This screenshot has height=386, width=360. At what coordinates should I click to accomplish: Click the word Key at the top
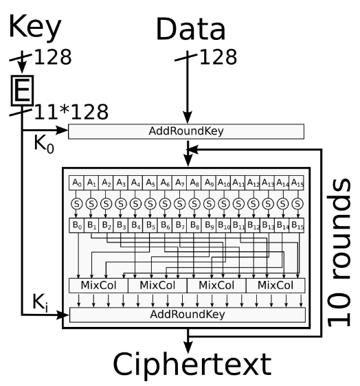point(35,27)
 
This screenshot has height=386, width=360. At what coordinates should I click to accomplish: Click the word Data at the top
point(190,29)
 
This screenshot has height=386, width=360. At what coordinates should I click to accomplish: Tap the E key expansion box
point(22,91)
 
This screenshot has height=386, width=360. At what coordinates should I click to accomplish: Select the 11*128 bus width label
point(71,112)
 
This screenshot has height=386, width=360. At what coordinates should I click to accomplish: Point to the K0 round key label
point(44,144)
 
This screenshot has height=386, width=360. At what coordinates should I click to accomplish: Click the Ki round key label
point(40,302)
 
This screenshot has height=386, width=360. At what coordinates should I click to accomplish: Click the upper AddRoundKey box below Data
point(186,131)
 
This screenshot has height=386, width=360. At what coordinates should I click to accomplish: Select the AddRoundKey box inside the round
point(188,315)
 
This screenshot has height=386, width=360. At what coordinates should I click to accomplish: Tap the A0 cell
point(76,183)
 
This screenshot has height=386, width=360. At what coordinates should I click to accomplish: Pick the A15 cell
point(297,183)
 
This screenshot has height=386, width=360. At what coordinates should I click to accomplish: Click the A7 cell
point(179,183)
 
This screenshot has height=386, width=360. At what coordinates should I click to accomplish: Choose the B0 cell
point(76,225)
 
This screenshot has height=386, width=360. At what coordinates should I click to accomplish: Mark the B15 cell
point(297,225)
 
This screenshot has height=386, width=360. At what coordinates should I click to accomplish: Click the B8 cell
point(194,225)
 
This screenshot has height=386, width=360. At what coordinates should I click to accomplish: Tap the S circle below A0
point(76,204)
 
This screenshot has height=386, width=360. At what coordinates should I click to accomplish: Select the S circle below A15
point(297,204)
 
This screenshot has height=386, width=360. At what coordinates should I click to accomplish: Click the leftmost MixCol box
point(98,286)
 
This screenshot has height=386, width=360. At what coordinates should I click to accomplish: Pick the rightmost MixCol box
point(275,286)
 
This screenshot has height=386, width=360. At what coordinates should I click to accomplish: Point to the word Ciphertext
point(192,365)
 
